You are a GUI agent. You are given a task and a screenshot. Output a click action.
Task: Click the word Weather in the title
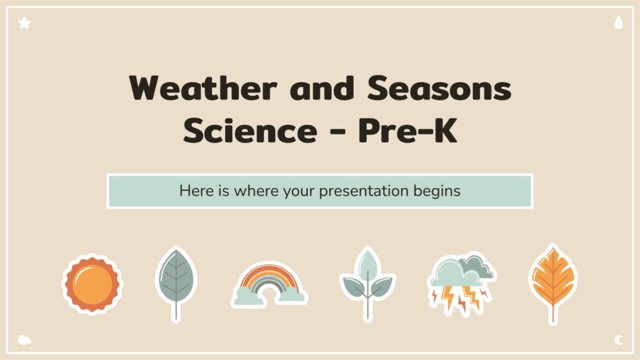[x=203, y=87]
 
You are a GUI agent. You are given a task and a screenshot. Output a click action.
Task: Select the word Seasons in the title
[x=439, y=87]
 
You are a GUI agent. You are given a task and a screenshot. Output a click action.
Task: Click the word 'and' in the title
[x=322, y=87]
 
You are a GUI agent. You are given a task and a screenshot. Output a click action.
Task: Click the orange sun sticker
[x=92, y=284]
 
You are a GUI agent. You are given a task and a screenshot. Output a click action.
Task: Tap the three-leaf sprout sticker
[x=367, y=283]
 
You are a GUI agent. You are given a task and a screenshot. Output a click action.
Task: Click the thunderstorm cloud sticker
[x=461, y=284]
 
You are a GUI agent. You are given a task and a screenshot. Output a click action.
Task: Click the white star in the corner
[x=24, y=23]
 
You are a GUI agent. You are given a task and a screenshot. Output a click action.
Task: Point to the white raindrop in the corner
[x=618, y=22]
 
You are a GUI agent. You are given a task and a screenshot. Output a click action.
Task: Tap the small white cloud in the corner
[x=24, y=339]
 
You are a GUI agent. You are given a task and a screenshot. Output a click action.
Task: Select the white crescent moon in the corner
[x=619, y=339]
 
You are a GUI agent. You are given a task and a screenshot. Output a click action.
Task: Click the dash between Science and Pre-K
[x=337, y=132]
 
